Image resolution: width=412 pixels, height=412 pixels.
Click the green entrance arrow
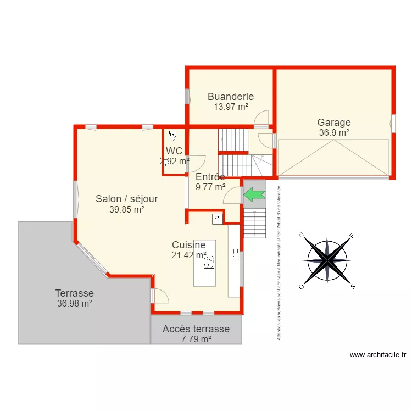pyautogui.click(x=254, y=194)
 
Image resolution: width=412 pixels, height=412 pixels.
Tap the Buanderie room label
pyautogui.click(x=231, y=97)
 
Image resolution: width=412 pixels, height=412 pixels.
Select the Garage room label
pyautogui.click(x=334, y=123)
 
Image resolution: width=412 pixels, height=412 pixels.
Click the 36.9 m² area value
pyautogui.click(x=334, y=132)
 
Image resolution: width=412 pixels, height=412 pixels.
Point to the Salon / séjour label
pyautogui.click(x=127, y=199)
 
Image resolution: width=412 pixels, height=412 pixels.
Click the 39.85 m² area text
pyautogui.click(x=127, y=209)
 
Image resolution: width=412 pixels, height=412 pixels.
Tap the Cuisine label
pyautogui.click(x=188, y=245)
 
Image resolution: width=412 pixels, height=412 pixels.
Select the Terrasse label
pyautogui.click(x=74, y=293)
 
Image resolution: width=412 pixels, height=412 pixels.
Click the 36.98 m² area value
pyautogui.click(x=74, y=303)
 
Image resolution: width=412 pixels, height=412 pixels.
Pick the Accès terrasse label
pyautogui.click(x=196, y=329)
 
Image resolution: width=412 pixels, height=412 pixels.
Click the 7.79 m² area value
pyautogui.click(x=196, y=339)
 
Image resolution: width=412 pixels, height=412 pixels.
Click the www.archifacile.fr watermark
pyautogui.click(x=378, y=355)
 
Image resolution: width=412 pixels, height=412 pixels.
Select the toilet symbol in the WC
pyautogui.click(x=174, y=135)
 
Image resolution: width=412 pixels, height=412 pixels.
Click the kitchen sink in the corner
pyautogui.click(x=218, y=219)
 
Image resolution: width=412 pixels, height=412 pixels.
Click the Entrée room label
pyautogui.click(x=210, y=177)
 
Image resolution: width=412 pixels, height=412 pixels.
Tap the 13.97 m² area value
pyautogui.click(x=231, y=107)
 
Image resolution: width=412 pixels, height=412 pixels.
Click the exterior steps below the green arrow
pyautogui.click(x=254, y=222)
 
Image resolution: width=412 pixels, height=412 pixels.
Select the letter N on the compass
pyautogui.click(x=302, y=235)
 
